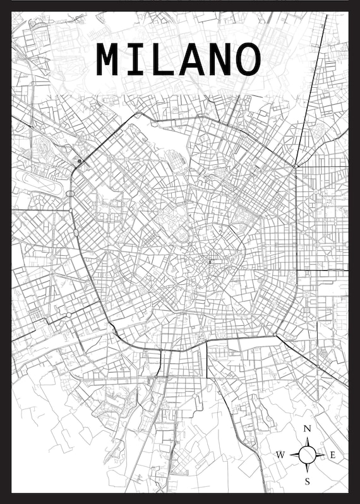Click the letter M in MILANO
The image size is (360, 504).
(x=109, y=60)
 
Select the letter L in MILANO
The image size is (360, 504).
(x=165, y=60)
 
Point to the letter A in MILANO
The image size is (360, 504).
(x=193, y=60)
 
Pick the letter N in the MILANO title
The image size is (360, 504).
(x=220, y=60)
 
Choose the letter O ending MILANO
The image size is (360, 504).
(x=248, y=60)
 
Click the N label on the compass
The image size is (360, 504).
(x=308, y=429)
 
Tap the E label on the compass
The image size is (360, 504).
(x=333, y=455)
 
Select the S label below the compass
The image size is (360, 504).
(x=308, y=481)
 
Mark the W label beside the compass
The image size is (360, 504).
(x=281, y=455)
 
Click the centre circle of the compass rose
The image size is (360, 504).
(x=308, y=454)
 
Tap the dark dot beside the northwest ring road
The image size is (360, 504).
(x=80, y=162)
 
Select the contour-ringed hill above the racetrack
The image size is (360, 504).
(x=44, y=148)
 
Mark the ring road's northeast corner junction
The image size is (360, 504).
(x=295, y=165)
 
